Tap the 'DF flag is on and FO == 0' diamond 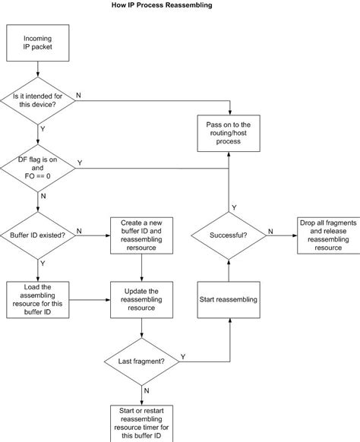[x=37, y=167]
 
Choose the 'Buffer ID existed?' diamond [x=37, y=235]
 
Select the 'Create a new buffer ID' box [x=143, y=235]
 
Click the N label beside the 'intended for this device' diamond [x=80, y=94]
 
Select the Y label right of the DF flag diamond [x=80, y=162]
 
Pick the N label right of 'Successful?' [x=270, y=230]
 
